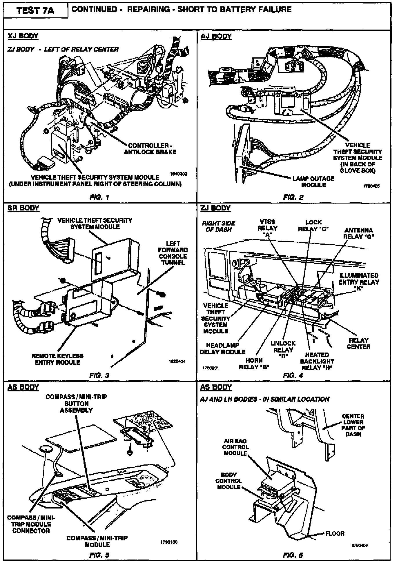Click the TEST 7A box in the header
click(x=35, y=11)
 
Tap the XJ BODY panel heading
click(x=23, y=36)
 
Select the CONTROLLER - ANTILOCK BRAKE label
click(x=150, y=149)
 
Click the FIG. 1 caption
click(x=99, y=197)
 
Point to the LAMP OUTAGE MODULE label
click(x=313, y=182)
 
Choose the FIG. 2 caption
click(x=293, y=197)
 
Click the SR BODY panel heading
click(x=23, y=208)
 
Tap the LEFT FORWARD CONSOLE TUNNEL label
click(x=173, y=253)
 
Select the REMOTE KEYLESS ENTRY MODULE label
click(x=57, y=359)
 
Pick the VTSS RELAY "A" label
click(x=267, y=228)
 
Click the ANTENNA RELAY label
click(x=358, y=233)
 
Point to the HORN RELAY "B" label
click(x=254, y=364)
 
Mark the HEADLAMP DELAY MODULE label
click(x=222, y=349)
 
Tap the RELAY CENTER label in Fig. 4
click(x=358, y=344)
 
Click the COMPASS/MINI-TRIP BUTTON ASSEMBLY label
click(x=76, y=403)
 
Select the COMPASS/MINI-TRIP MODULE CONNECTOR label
click(x=31, y=524)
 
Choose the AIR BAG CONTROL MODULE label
click(x=235, y=447)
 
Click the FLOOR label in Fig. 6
click(x=335, y=533)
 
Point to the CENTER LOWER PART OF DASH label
click(x=353, y=425)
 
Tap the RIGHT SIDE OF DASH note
click(x=218, y=226)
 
